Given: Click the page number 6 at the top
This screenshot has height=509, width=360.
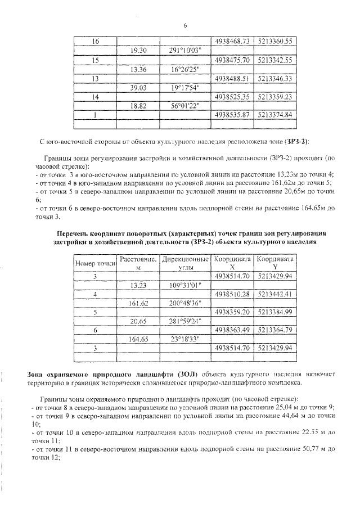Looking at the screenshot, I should pyautogui.click(x=184, y=25).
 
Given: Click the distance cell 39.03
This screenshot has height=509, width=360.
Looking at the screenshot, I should pyautogui.click(x=138, y=87).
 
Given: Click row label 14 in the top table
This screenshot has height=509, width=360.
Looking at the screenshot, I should pyautogui.click(x=95, y=97).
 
